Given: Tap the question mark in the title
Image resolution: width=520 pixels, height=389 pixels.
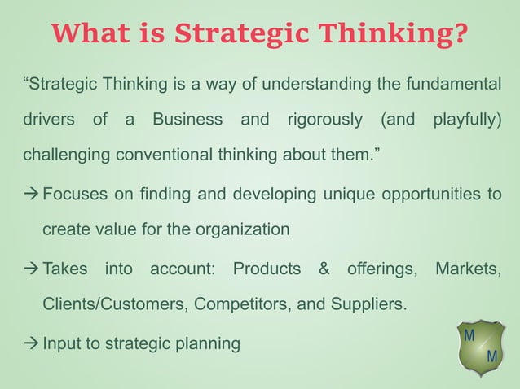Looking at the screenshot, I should point(461,34).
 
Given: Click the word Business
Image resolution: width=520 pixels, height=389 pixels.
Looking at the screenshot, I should point(187,120).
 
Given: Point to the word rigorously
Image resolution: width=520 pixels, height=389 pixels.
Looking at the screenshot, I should point(325,120).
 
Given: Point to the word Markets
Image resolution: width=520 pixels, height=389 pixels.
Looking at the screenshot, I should point(469,269).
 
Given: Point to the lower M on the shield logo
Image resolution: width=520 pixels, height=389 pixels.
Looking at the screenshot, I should point(492,357).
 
